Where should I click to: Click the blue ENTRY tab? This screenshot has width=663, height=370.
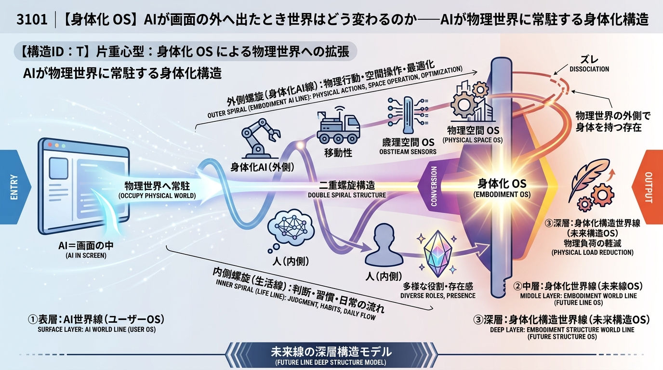tap(13, 187)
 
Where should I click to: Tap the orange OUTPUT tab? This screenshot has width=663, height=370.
tap(648, 187)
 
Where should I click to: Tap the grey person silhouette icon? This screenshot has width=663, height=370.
tap(384, 245)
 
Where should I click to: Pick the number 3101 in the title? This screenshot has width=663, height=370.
tap(32, 20)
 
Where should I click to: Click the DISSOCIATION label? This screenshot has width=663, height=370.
tap(589, 69)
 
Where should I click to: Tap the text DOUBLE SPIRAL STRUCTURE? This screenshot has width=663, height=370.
tap(347, 195)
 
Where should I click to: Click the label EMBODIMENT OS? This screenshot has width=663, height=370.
tap(502, 195)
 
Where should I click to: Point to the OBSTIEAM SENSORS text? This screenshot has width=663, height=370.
tap(408, 152)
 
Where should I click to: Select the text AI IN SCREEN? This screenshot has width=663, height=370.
tap(86, 255)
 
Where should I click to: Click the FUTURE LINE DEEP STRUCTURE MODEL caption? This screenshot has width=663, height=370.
tap(331, 362)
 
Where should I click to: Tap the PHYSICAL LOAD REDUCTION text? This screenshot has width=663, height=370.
tap(593, 252)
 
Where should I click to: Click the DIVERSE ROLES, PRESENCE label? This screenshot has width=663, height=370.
tap(438, 296)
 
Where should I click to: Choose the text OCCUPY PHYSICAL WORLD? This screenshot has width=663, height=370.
tap(157, 196)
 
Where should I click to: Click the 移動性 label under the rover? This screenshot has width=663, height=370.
tap(338, 153)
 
